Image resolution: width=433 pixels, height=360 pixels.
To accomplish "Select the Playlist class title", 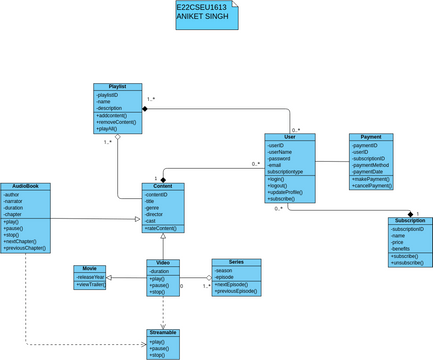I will coord(118,87).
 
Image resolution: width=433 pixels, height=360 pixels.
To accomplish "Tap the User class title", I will coord(290,137).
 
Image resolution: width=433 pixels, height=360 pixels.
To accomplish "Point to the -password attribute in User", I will coord(280,158).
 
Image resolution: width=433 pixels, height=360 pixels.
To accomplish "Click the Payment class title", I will coord(371,137).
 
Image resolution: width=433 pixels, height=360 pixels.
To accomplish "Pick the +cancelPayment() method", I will coord(372,185).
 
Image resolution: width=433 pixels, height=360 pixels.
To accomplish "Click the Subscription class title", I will coord(410,220).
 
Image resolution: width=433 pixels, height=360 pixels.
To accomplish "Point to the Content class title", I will coord(163,186).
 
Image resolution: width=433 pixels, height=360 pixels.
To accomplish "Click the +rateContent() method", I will coord(163,229).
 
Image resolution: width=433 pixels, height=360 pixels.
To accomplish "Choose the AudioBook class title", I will coord(26,186).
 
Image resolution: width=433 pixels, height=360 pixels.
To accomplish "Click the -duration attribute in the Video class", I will coord(159,271).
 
